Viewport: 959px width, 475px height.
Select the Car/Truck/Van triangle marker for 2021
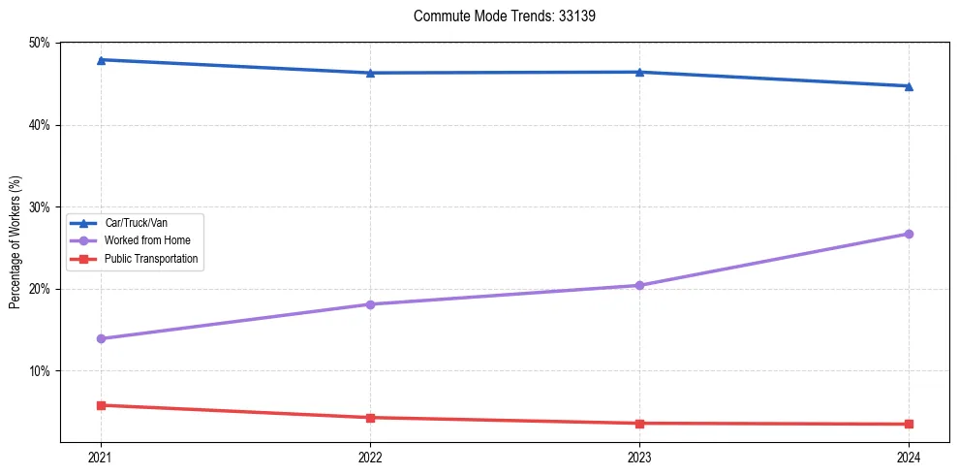[x=101, y=60]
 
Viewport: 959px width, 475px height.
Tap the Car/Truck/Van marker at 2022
[x=370, y=73]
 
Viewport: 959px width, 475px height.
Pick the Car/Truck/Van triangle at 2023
[x=639, y=72]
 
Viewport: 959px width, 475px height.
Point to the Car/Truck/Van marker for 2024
[x=909, y=86]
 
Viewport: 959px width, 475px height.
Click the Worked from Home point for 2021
[x=101, y=338]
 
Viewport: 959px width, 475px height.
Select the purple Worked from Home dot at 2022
[x=370, y=304]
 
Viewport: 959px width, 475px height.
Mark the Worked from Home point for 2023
[x=639, y=285]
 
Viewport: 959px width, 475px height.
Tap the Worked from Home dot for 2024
[x=909, y=234]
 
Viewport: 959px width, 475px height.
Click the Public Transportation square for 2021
[x=101, y=405]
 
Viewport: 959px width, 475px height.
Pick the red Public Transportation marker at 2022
[x=370, y=418]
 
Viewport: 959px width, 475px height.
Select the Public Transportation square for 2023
[x=639, y=424]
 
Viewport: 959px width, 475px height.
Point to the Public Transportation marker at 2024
[x=909, y=424]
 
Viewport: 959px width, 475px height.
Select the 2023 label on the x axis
[x=639, y=457]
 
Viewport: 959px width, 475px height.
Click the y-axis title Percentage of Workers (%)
[x=15, y=243]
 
